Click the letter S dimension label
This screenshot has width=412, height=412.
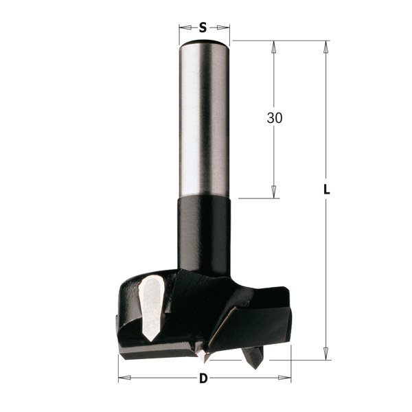[203, 27]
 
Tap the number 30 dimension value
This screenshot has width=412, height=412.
[275, 118]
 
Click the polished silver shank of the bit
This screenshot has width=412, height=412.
[203, 117]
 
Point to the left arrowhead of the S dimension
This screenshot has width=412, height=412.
[183, 27]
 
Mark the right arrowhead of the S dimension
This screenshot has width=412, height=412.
[225, 27]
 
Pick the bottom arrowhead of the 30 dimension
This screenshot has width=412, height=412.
[275, 194]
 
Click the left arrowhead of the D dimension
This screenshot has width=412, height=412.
[122, 378]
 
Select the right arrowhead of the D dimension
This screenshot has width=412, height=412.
[288, 378]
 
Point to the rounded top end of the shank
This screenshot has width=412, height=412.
[203, 45]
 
